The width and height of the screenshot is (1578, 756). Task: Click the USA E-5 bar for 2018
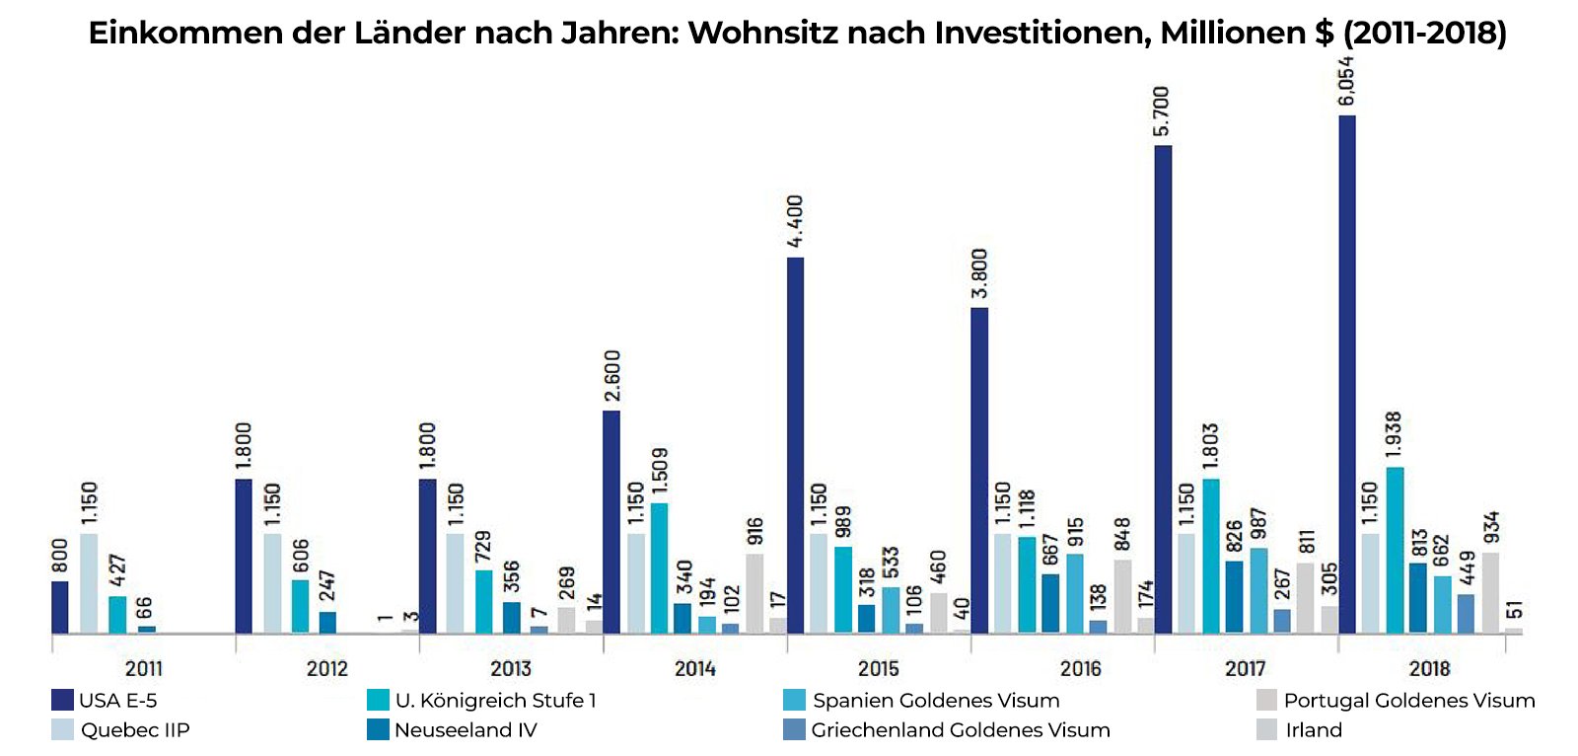click(x=1346, y=375)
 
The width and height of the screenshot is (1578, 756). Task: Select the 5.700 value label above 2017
click(x=1162, y=112)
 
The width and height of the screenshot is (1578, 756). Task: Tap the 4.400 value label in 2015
click(x=795, y=221)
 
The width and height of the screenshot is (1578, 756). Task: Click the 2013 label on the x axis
click(x=511, y=669)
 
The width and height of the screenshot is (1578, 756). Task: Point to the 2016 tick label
click(x=1080, y=669)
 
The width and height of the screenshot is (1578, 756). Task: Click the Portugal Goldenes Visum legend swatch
click(x=1267, y=701)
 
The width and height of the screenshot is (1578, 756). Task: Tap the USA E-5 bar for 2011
click(x=60, y=607)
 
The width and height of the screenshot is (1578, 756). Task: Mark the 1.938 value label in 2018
click(x=1394, y=435)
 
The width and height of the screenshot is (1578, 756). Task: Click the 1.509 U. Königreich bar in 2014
click(x=659, y=568)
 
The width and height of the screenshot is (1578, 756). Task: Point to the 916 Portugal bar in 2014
click(x=754, y=593)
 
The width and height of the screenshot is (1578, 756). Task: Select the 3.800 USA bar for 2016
click(x=979, y=470)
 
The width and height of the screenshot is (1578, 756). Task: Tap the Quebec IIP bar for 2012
click(x=272, y=583)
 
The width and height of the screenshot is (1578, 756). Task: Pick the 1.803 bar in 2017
click(x=1210, y=556)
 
